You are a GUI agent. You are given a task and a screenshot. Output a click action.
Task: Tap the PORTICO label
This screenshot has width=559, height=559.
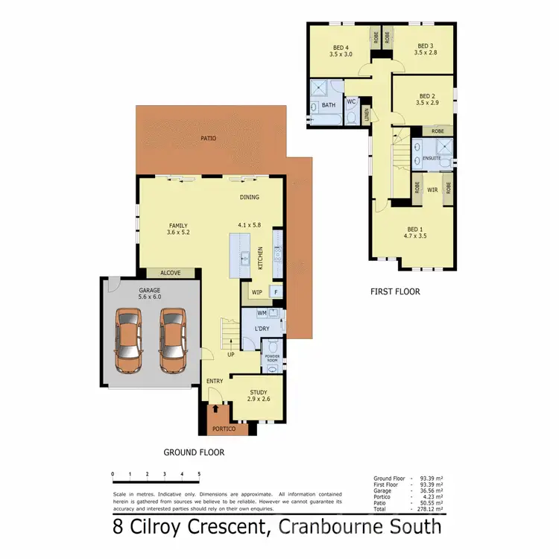[224, 429]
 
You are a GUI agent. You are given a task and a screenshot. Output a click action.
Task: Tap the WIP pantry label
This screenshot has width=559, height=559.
[256, 291]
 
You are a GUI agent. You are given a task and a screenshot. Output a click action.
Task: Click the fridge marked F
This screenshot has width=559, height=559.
[276, 292]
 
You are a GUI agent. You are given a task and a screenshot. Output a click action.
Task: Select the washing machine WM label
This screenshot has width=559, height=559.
[262, 313]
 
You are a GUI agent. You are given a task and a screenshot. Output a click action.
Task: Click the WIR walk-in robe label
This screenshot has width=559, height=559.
[432, 190]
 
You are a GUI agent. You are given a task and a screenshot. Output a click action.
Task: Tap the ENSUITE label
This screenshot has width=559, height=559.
[432, 159]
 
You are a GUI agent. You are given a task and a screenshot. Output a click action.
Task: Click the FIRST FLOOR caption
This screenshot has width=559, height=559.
[395, 292]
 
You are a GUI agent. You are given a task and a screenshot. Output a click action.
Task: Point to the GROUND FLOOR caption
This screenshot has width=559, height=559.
[194, 452]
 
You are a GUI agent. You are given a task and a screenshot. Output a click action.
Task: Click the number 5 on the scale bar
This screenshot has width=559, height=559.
[199, 473]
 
